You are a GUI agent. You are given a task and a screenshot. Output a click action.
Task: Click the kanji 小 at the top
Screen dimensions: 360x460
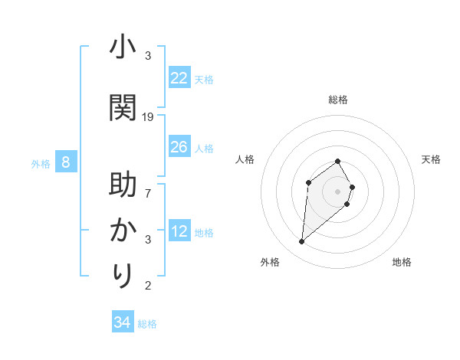click(123, 47)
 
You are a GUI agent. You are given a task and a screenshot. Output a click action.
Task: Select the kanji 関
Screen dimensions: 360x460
click(123, 107)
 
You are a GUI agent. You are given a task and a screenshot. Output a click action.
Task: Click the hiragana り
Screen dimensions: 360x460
click(123, 274)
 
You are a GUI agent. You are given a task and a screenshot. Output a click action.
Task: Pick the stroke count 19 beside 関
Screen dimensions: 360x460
click(148, 117)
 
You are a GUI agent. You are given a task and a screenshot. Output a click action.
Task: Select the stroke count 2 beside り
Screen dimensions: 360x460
click(148, 286)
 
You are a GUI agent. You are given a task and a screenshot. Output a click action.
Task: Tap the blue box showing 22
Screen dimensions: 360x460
click(179, 78)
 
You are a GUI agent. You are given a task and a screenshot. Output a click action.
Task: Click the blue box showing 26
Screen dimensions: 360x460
click(179, 147)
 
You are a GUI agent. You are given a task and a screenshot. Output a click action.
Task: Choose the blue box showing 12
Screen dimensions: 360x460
click(179, 231)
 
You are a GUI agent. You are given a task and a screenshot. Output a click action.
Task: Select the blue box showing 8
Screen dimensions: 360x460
click(66, 162)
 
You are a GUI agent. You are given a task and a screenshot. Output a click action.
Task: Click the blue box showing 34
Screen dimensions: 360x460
click(123, 322)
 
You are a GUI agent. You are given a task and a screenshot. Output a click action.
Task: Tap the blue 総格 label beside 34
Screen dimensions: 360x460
click(147, 324)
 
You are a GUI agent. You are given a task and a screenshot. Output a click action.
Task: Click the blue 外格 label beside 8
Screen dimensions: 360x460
click(41, 163)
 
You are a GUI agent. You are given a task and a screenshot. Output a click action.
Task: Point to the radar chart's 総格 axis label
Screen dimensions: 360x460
click(338, 100)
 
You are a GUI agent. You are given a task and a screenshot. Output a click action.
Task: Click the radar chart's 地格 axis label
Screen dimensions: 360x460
click(402, 262)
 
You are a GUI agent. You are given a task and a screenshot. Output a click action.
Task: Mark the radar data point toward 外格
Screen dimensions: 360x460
click(302, 242)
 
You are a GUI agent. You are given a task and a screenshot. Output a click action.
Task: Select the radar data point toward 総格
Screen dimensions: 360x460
click(338, 161)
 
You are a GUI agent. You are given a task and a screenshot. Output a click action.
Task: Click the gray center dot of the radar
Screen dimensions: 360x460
click(338, 191)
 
